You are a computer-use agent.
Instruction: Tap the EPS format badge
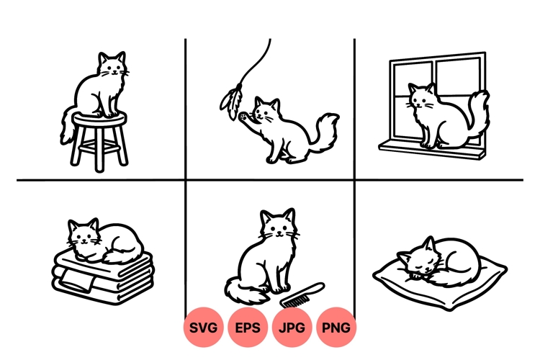point(248,328)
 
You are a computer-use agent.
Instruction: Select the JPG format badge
point(292,328)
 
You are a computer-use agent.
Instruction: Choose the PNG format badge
point(336,328)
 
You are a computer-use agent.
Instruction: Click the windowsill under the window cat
point(432,148)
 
